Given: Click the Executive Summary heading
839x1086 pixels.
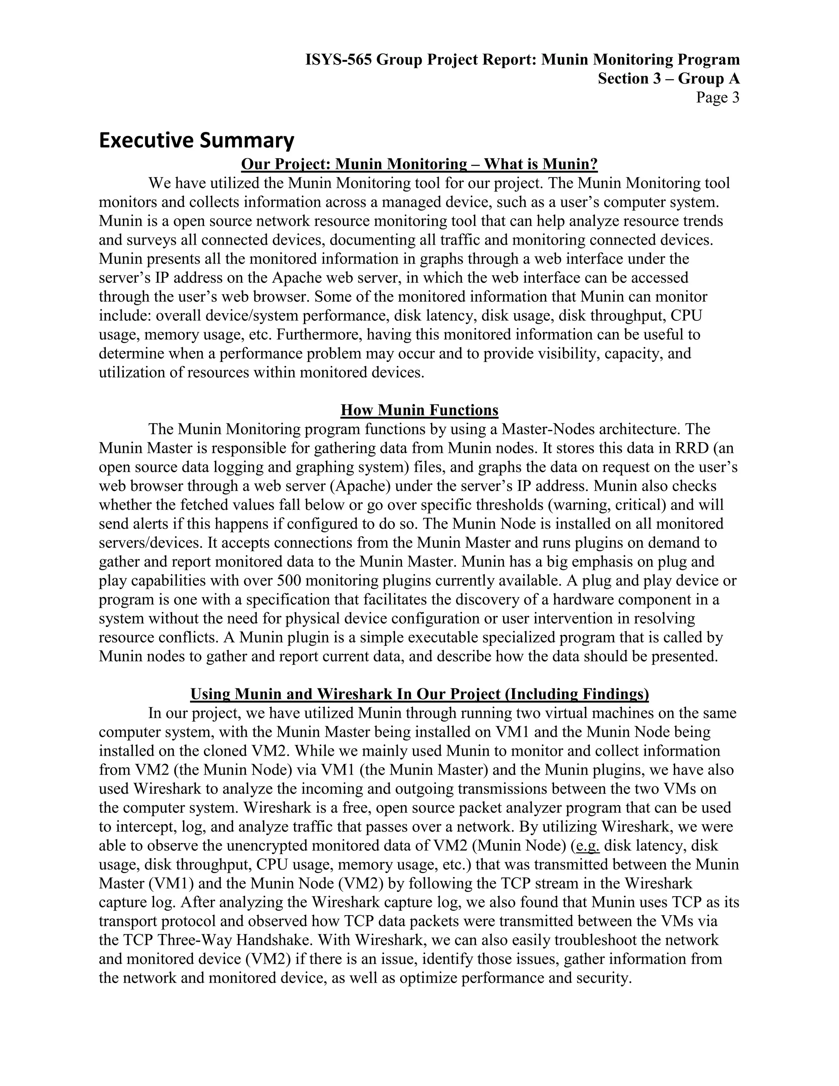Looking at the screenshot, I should click(x=196, y=141).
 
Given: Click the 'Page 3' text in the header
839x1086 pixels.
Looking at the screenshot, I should click(x=717, y=98).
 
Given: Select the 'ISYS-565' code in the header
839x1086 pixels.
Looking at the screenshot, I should click(x=338, y=60).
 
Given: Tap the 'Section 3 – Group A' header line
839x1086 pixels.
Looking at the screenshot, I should click(x=668, y=79).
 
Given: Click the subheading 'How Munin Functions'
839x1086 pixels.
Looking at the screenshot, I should click(x=419, y=410).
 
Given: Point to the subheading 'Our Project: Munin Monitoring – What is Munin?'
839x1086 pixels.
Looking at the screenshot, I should click(x=419, y=164).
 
